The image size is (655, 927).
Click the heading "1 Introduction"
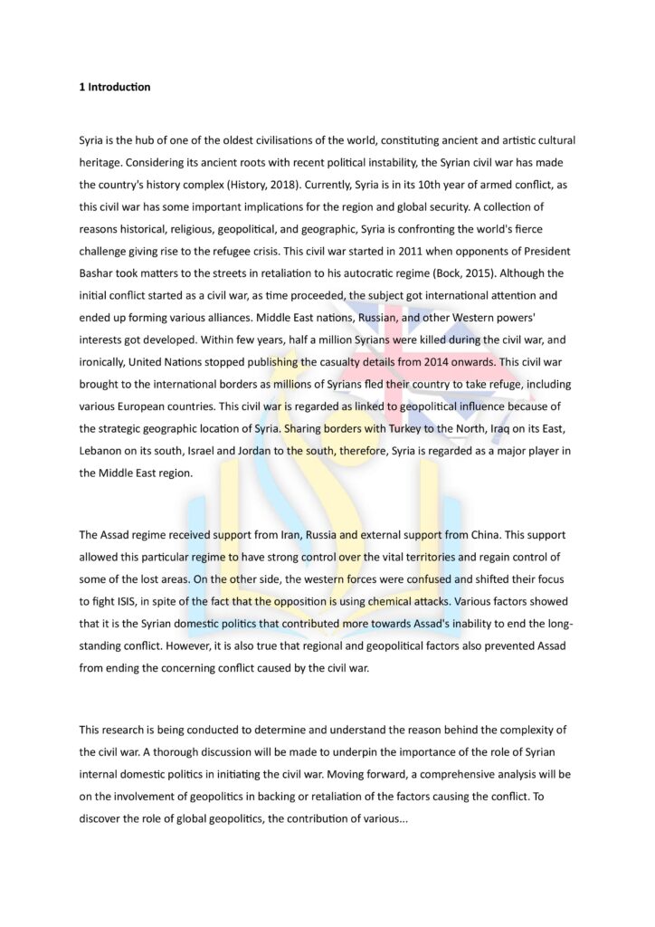coord(114,88)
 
